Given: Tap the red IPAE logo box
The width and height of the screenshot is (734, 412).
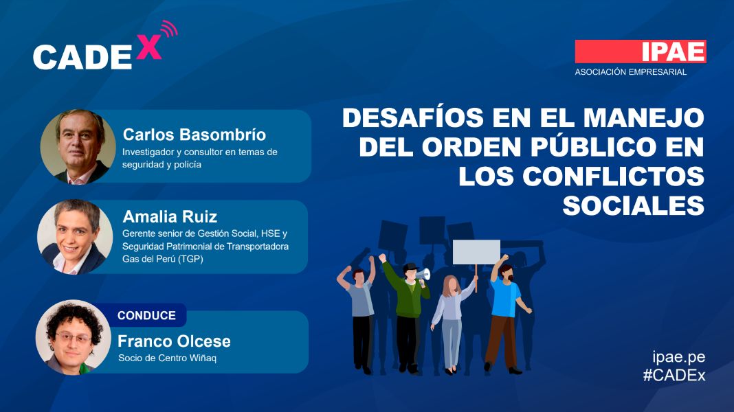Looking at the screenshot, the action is [641, 51].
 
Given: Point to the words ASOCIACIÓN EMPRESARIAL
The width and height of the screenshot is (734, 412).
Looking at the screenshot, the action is [630, 72].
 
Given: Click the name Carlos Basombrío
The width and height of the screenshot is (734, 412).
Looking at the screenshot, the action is [194, 135].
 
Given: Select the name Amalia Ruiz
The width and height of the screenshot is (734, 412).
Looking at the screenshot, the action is [170, 216].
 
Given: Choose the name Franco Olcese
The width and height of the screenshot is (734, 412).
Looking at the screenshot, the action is [174, 341].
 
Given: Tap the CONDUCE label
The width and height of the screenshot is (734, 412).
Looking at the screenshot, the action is [146, 316].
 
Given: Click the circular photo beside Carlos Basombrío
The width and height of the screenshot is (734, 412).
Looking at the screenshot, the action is [78, 146].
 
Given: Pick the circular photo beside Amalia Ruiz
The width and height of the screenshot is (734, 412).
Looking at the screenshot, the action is [75, 237].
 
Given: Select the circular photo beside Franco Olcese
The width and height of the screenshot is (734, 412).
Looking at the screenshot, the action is [73, 337].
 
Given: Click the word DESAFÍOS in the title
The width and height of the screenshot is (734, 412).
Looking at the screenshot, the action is [413, 117].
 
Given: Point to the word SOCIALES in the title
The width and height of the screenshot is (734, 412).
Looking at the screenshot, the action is [634, 205].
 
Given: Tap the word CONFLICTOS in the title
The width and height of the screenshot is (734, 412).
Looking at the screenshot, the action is [613, 176].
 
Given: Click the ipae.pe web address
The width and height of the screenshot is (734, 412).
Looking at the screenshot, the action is [679, 357].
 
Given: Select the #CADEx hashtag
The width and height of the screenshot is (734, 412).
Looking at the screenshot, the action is [674, 375].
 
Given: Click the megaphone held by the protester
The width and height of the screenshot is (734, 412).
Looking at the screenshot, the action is [423, 273].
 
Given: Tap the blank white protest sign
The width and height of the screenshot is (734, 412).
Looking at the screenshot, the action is [476, 252].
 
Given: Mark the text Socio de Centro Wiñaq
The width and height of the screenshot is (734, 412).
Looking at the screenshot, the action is [167, 358].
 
